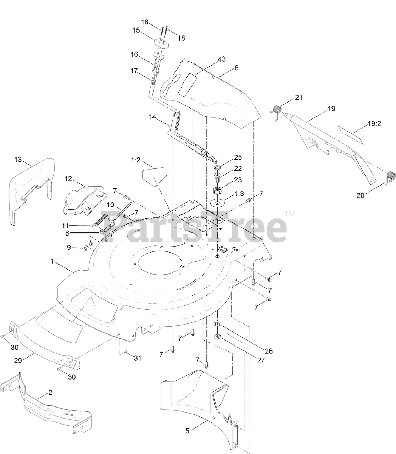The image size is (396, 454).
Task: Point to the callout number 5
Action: click(188, 431)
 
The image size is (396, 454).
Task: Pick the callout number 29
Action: click(18, 360)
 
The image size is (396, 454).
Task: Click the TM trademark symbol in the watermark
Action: click(290, 214)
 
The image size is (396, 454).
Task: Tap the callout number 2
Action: click(50, 393)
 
